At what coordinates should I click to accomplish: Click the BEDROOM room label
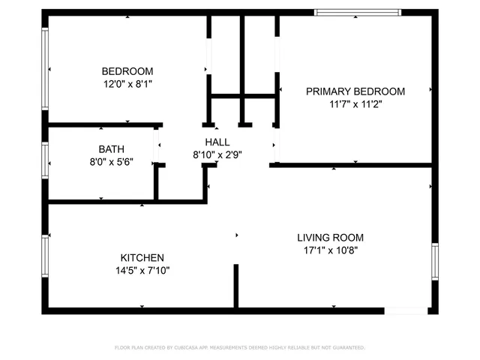(127, 71)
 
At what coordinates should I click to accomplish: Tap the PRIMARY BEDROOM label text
(355, 91)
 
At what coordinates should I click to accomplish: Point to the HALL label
(217, 142)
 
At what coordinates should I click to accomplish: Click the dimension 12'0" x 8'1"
(127, 85)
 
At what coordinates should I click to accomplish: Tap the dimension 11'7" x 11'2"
(355, 105)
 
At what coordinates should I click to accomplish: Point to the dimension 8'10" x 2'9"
(217, 155)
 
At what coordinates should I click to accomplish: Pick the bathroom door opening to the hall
(156, 145)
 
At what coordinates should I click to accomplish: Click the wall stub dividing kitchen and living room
(235, 286)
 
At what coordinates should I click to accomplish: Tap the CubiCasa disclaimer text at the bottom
(239, 348)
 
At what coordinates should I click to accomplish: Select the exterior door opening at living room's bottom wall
(406, 310)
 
